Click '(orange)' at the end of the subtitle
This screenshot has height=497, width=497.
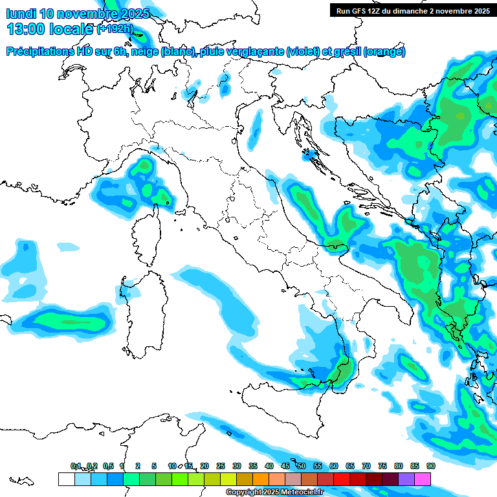pyautogui.click(x=384, y=52)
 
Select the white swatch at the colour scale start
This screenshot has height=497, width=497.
pyautogui.click(x=65, y=479)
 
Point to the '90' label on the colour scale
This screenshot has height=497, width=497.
pyautogui.click(x=430, y=466)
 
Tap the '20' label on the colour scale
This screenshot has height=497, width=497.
pyautogui.click(x=204, y=466)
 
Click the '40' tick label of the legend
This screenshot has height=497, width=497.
pyautogui.click(x=269, y=466)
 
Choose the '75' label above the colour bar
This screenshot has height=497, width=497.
pyautogui.click(x=382, y=466)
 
